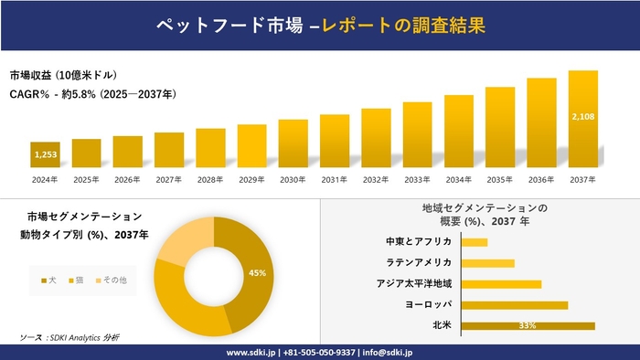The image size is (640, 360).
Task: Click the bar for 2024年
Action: click(45, 155)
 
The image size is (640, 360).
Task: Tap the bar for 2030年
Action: click(293, 143)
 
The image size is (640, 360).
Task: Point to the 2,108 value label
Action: click(582, 117)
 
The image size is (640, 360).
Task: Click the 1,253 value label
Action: click(45, 155)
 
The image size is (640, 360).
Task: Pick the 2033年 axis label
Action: click(417, 179)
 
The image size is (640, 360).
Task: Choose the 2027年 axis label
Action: click(169, 179)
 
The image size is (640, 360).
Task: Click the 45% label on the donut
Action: click(257, 272)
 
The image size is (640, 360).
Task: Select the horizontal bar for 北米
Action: click(528, 325)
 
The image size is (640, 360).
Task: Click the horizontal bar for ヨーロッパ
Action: click(515, 304)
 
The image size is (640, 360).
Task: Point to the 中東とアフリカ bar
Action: click(475, 242)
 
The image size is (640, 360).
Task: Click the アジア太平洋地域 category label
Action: click(413, 284)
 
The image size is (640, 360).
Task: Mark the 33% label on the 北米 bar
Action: click(527, 325)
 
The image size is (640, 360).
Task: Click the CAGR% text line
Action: click(92, 94)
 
